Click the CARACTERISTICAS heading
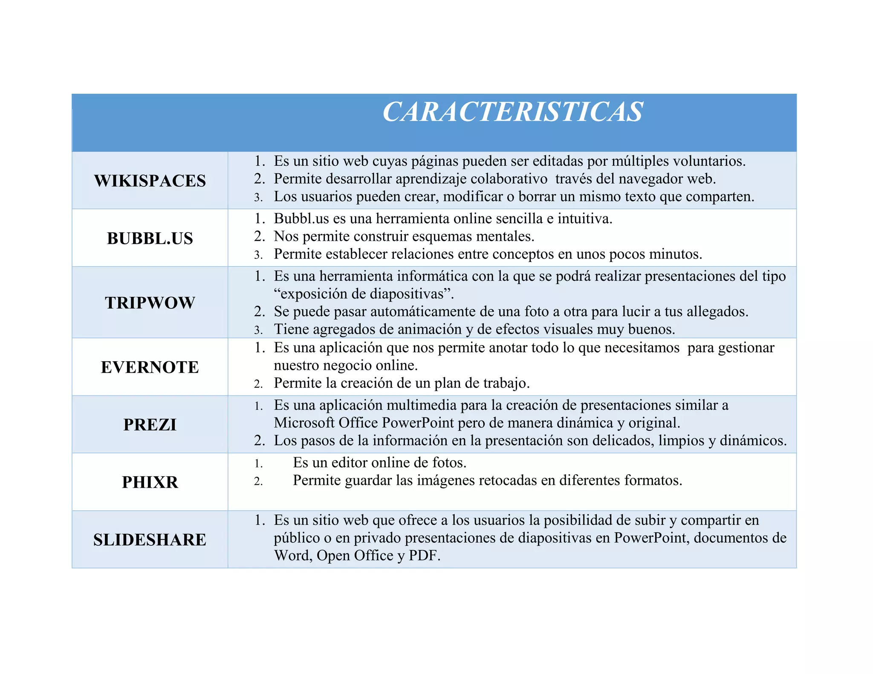pos(512,112)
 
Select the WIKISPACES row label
pos(150,181)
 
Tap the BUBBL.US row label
pos(150,238)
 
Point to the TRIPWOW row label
pos(150,302)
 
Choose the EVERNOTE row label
pos(150,367)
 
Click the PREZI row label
pos(150,424)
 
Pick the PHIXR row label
pos(150,482)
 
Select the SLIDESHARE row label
pos(150,539)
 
